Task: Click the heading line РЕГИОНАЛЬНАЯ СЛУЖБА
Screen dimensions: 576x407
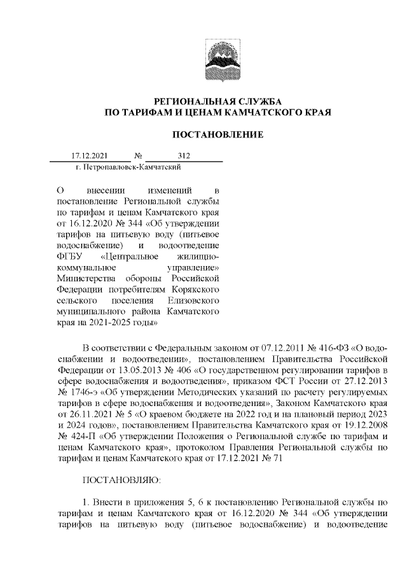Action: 219,102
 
